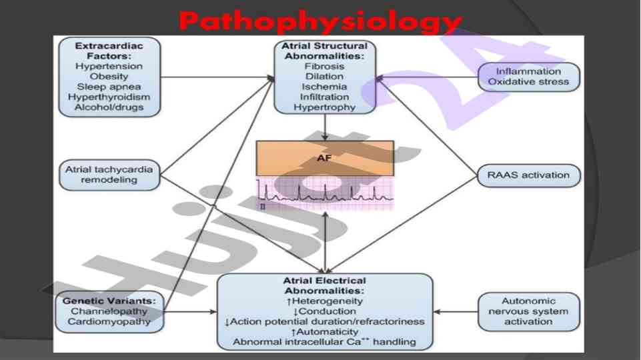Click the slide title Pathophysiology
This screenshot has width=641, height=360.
[x=320, y=22]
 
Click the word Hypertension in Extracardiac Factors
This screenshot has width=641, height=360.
[x=109, y=67]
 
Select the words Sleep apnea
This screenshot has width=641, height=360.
[x=109, y=87]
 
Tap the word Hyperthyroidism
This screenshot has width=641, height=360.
[x=109, y=97]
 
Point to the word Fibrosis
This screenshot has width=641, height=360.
[x=324, y=67]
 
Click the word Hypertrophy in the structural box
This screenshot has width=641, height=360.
[x=324, y=107]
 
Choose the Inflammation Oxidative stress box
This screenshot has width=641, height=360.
[x=528, y=77]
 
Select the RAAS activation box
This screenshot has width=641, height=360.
[x=528, y=175]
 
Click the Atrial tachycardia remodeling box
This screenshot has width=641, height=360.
[x=109, y=175]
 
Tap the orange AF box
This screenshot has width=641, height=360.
[x=324, y=159]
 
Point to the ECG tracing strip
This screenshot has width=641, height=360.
[x=324, y=195]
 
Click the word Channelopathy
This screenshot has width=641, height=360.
[x=109, y=311]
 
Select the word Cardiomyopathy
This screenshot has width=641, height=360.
[x=109, y=321]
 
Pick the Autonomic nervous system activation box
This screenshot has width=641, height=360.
[x=528, y=311]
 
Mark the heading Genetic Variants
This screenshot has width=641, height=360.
[x=109, y=301]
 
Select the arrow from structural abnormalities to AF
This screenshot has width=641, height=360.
[x=324, y=126]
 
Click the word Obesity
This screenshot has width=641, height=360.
[x=109, y=77]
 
